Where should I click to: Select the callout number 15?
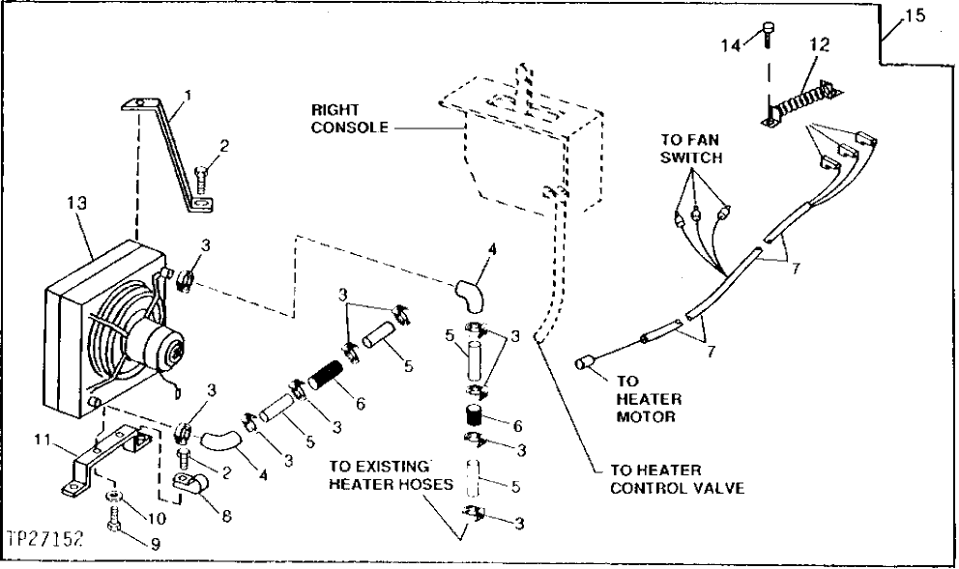(x=914, y=16)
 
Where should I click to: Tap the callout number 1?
(x=189, y=96)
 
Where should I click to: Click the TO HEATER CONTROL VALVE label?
(x=677, y=479)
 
